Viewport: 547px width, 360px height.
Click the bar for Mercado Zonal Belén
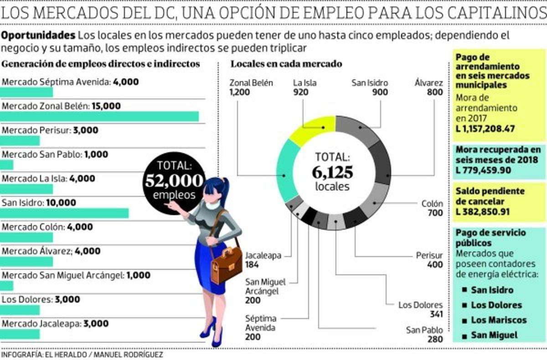[99, 117]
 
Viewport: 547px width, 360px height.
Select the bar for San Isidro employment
[64, 213]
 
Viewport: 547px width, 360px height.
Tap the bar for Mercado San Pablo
[7, 165]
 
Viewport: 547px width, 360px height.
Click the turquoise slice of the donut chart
[287, 171]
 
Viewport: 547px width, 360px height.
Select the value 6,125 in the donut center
[333, 172]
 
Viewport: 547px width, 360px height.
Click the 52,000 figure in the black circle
[174, 180]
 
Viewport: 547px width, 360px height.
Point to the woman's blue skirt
[211, 264]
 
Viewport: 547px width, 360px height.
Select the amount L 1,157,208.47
[485, 129]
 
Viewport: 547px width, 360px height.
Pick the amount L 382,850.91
[483, 212]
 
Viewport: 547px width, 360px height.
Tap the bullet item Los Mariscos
[498, 320]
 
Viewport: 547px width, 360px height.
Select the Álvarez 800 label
[428, 87]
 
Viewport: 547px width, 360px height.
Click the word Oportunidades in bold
[38, 36]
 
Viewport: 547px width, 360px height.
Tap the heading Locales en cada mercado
[286, 64]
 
